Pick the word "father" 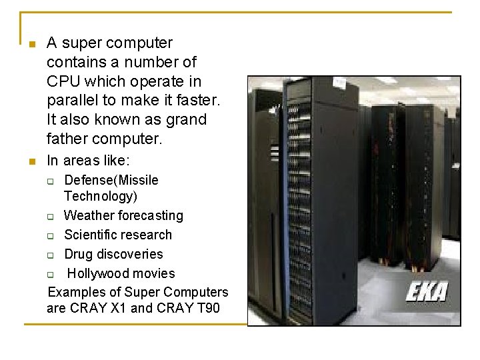coord(67,140)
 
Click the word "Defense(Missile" coord(111,181)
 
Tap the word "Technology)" coord(101,197)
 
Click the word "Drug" coord(79,255)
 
